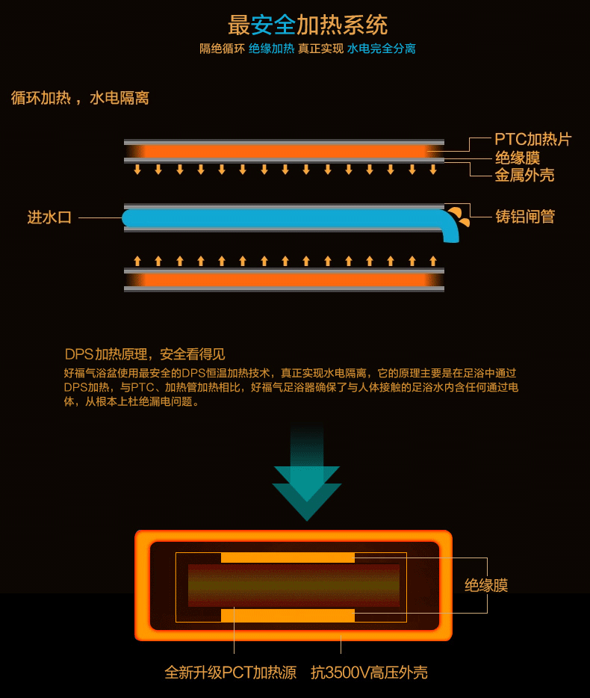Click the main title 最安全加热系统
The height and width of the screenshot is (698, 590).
pos(308,25)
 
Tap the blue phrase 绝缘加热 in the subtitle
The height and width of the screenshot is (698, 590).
pos(271,49)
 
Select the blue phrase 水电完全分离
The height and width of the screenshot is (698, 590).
pos(381,49)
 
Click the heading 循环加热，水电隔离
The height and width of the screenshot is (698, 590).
pos(80,98)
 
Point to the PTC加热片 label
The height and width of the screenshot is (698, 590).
pos(532,140)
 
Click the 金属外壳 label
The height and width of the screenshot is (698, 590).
pos(524,176)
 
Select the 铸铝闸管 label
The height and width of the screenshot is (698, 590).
pos(525,217)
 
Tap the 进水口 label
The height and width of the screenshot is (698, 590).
pos(49,217)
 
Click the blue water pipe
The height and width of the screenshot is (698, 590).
pos(284,217)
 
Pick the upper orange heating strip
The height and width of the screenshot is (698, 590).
pos(284,151)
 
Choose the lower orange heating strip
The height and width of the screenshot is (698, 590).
pos(284,279)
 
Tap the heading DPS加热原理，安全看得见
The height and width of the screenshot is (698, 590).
pos(145,354)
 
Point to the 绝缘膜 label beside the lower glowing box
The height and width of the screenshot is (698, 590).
pos(486,585)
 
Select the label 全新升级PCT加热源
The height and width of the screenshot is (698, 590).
pos(231,673)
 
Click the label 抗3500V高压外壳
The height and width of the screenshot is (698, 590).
pos(369,673)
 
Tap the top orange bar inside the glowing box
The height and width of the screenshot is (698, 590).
pos(288,558)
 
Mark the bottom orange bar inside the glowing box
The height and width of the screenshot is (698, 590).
pos(288,615)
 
